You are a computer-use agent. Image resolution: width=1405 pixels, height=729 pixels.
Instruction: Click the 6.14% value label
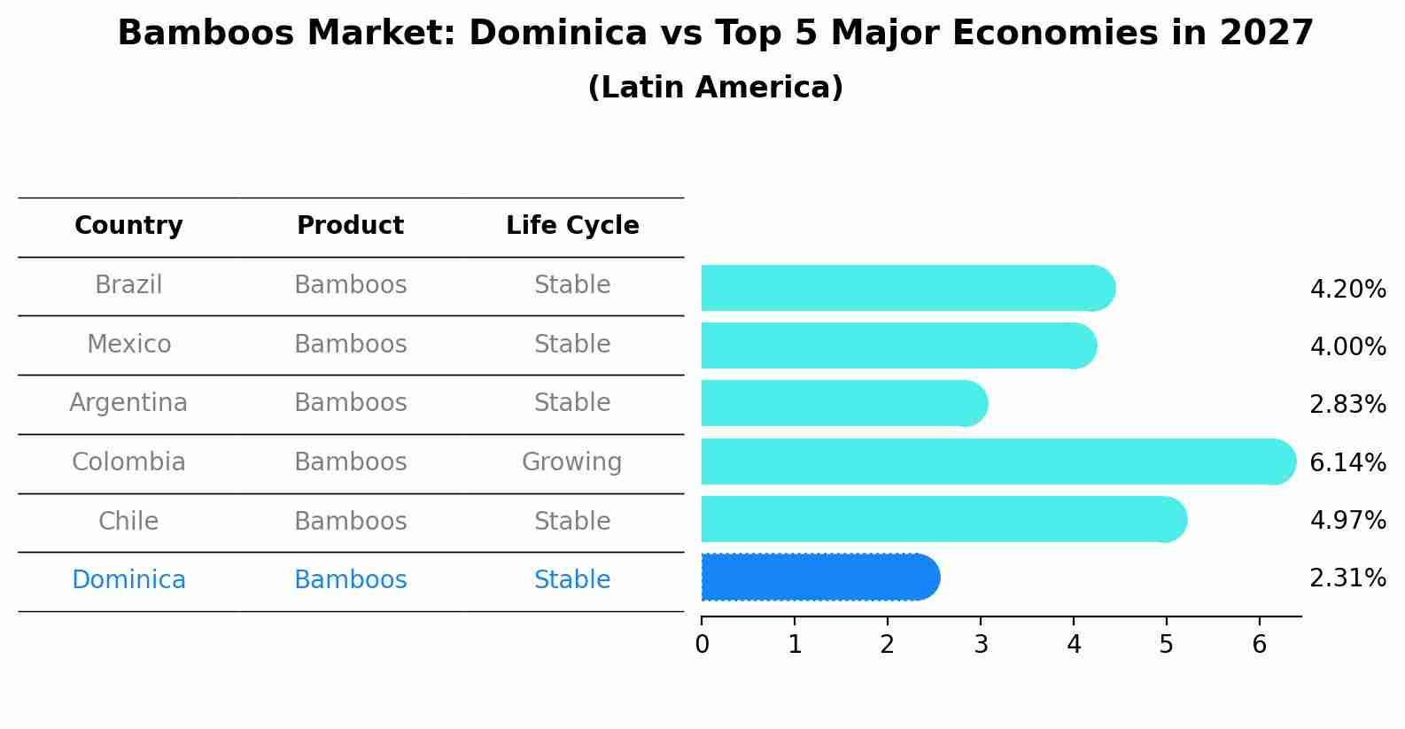1347,462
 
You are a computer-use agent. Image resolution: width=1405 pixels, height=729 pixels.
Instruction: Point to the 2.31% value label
1347,578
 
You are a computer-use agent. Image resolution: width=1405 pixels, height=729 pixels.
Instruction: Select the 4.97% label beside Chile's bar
1347,520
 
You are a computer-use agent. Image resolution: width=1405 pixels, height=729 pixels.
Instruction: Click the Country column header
128,226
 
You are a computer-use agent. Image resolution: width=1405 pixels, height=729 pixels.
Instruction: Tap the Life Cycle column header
572,226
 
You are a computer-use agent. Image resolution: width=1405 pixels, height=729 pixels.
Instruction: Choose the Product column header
350,226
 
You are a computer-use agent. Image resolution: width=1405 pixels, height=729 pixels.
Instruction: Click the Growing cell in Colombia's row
571,462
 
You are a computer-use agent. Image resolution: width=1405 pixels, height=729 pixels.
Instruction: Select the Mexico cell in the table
128,344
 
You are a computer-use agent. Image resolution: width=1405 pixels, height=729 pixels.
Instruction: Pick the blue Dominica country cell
128,580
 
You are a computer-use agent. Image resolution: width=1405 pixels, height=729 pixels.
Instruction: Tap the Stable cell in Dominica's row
571,580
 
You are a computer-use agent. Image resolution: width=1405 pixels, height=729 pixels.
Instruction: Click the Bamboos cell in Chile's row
350,521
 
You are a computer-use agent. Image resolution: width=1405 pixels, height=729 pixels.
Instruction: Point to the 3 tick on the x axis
981,644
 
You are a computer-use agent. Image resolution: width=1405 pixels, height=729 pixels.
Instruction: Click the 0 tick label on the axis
702,644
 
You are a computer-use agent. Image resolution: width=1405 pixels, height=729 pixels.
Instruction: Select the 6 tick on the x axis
1259,644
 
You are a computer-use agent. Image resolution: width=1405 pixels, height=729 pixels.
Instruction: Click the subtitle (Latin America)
715,88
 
